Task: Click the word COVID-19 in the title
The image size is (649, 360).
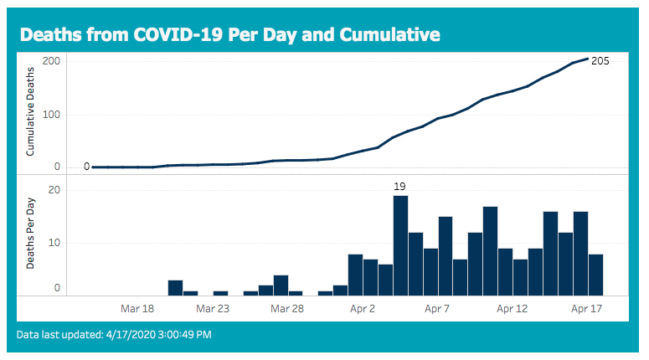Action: pyautogui.click(x=179, y=35)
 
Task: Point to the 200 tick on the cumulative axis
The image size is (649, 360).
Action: pyautogui.click(x=51, y=61)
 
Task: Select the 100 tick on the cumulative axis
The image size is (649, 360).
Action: pyautogui.click(x=51, y=115)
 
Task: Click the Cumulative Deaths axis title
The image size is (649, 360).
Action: pyautogui.click(x=30, y=111)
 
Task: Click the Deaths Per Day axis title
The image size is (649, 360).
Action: pyautogui.click(x=30, y=234)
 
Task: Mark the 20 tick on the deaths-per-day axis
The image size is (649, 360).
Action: pyautogui.click(x=54, y=190)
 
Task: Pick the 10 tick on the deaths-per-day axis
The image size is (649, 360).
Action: pyautogui.click(x=54, y=243)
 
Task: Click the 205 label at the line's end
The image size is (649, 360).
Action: pyautogui.click(x=600, y=61)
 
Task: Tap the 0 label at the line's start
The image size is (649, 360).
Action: pyautogui.click(x=86, y=167)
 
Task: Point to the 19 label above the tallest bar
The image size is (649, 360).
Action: pyautogui.click(x=399, y=187)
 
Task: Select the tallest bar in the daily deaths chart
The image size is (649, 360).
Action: pyautogui.click(x=400, y=246)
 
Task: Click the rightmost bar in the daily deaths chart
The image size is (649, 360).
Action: pyautogui.click(x=595, y=275)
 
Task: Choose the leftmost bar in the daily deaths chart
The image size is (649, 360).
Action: pyautogui.click(x=176, y=288)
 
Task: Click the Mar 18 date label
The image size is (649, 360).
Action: pyautogui.click(x=137, y=309)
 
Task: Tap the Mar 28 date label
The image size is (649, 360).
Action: pyautogui.click(x=287, y=309)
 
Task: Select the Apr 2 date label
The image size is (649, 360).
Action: pyautogui.click(x=363, y=309)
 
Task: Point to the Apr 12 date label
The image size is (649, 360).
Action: pyautogui.click(x=513, y=309)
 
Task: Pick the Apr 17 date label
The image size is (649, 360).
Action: pyautogui.click(x=587, y=309)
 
